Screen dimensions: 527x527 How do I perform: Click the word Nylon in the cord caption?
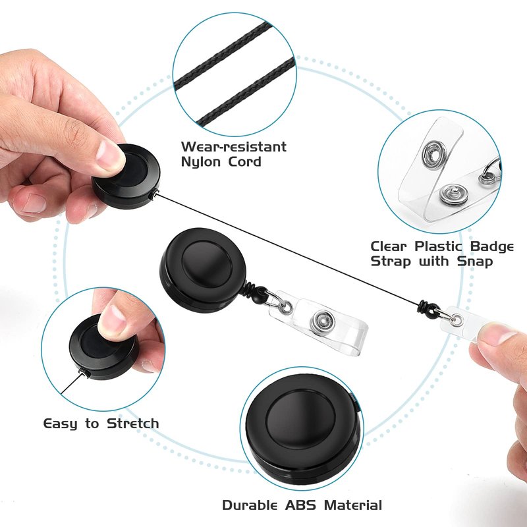(202, 161)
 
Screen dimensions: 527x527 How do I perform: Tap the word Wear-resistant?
(234, 146)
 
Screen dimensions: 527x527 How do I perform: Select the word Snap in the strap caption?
(474, 262)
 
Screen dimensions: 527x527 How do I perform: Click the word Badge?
(491, 246)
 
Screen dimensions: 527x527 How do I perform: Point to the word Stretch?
(133, 423)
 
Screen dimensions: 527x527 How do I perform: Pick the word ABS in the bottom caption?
(300, 505)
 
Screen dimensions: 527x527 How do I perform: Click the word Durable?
(250, 505)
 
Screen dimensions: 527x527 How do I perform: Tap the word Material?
(353, 505)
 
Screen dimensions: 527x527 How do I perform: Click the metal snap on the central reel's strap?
(322, 322)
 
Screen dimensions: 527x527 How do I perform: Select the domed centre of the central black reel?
(207, 264)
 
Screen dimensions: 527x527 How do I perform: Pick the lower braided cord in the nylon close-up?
(245, 92)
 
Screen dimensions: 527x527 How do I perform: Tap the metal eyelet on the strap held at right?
(457, 319)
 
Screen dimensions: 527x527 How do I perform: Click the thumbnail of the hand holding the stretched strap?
(500, 335)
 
